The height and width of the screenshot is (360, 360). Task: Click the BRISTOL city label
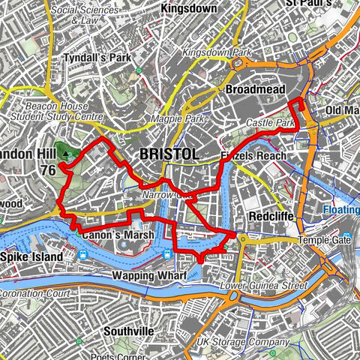(169, 154)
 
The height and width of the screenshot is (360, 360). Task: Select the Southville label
(129, 330)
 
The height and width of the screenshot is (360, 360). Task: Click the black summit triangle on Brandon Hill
(65, 154)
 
